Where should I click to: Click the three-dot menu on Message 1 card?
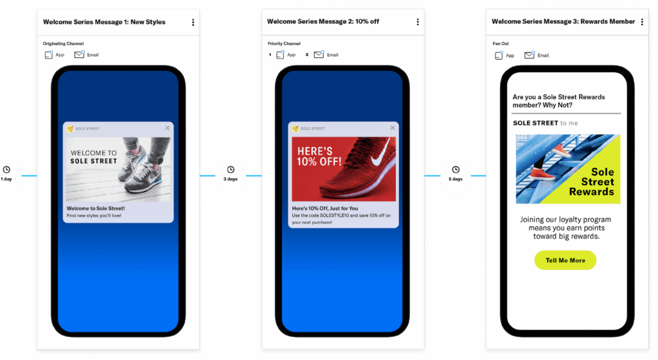point(193,22)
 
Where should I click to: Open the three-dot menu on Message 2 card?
point(418,22)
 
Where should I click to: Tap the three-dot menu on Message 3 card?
point(642,22)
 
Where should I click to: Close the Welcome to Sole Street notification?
point(168,128)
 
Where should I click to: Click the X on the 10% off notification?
point(393,127)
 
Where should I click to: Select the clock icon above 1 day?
point(6,170)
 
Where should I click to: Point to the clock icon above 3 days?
point(231,170)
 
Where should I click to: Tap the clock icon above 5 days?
point(456,170)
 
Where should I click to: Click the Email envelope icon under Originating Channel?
point(79,55)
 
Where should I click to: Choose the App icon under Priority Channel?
point(280,55)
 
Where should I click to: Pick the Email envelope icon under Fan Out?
point(529,55)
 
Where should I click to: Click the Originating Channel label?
point(64,44)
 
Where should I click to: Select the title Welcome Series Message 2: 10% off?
point(323,21)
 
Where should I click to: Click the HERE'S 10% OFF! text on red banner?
point(319,156)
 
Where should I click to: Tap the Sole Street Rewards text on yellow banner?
point(592,182)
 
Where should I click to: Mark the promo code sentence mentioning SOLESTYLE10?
point(341,219)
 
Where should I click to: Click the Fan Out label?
point(501,44)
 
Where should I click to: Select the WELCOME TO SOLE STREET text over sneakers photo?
point(94,157)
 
